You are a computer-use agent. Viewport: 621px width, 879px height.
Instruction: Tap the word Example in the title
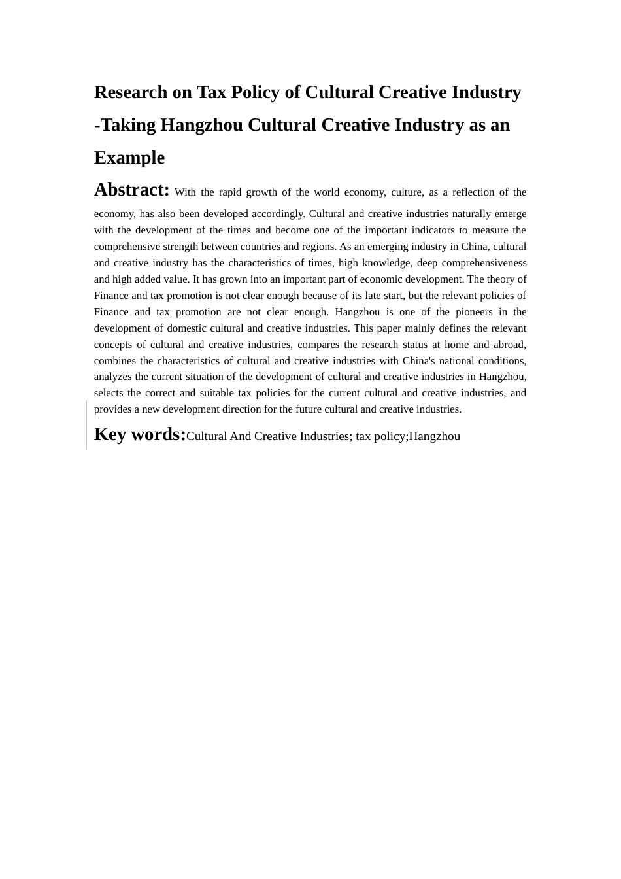click(129, 158)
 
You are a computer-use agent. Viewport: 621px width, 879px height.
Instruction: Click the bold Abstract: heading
click(132, 190)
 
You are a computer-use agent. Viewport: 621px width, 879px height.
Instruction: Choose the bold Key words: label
click(140, 434)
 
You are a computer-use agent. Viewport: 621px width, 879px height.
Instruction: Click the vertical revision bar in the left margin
click(87, 425)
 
